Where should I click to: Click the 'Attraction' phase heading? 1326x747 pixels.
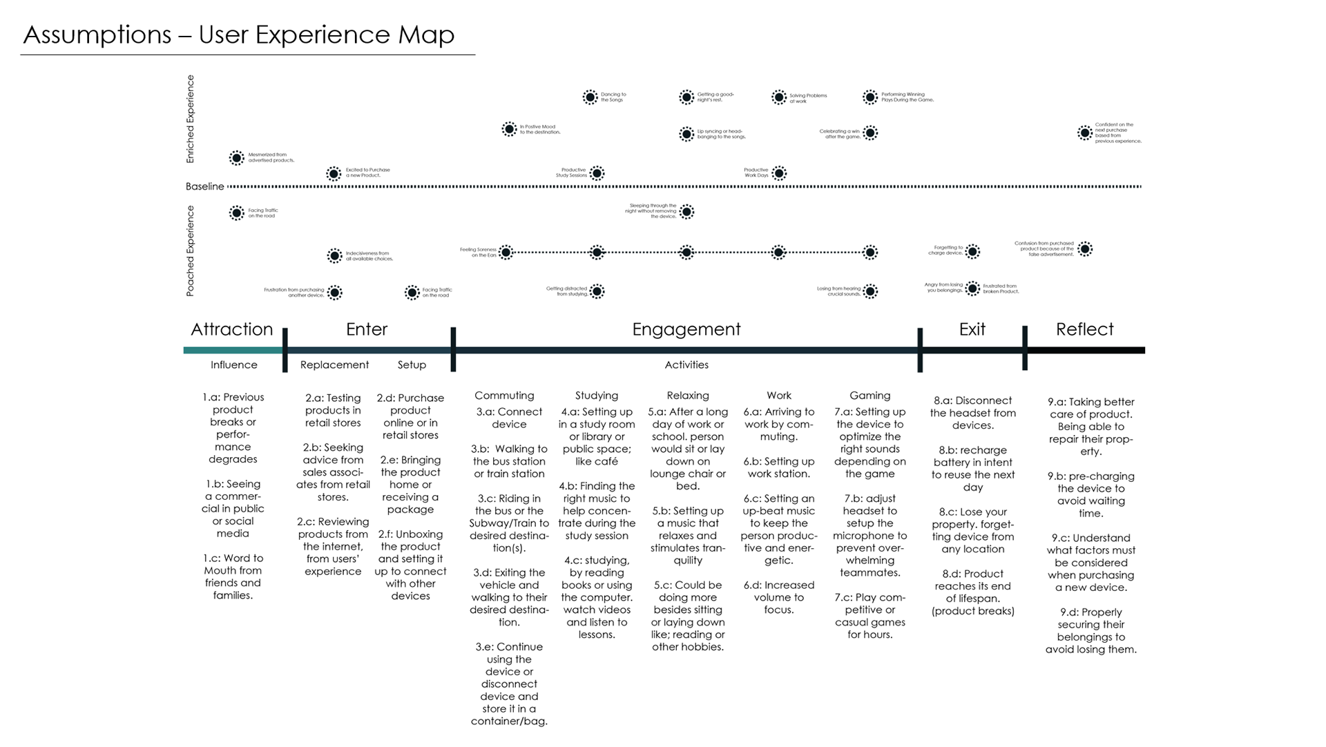coord(232,329)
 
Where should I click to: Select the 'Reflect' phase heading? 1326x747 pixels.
coord(1084,329)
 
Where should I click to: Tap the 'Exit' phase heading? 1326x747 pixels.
coord(972,329)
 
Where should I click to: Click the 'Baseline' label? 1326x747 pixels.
coord(205,186)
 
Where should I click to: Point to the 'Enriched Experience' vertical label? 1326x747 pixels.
coord(191,119)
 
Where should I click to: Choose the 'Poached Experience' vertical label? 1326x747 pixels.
coord(191,251)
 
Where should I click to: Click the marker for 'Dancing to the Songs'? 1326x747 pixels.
coord(590,97)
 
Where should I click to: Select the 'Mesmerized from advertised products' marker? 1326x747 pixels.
coord(237,158)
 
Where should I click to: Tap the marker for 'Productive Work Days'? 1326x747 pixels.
coord(779,173)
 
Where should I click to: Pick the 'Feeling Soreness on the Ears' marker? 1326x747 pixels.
coord(506,253)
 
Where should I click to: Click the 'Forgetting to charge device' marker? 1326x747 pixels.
coord(972,251)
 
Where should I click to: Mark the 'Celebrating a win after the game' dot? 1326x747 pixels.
coord(870,133)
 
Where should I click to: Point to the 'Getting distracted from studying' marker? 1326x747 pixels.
coord(597,291)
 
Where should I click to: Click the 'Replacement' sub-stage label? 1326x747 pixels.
coord(334,365)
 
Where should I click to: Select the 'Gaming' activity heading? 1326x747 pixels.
coord(869,396)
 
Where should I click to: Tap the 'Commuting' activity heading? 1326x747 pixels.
coord(504,396)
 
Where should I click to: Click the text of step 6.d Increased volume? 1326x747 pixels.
coord(778,597)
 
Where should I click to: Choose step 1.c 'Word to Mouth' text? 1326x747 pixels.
coord(233,576)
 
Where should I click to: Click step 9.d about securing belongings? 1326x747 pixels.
coord(1090,630)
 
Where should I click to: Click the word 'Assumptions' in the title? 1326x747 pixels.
coord(97,35)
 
